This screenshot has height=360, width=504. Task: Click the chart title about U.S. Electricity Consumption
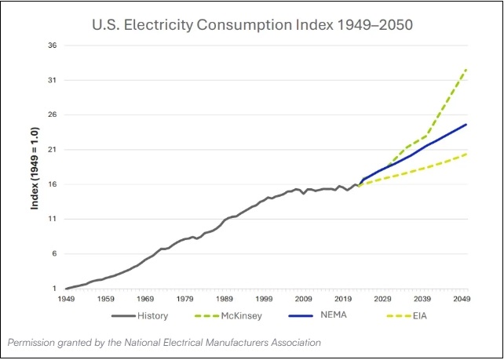(x=252, y=25)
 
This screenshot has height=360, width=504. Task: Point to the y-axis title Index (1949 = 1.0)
(x=35, y=168)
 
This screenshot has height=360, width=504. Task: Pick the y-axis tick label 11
(x=53, y=219)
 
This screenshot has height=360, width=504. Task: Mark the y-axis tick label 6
(x=55, y=254)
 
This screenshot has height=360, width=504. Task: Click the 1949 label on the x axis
(x=66, y=300)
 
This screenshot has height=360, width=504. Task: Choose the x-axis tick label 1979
(x=184, y=300)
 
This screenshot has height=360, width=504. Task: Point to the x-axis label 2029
(x=383, y=300)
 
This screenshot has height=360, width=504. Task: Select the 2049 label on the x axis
(x=462, y=300)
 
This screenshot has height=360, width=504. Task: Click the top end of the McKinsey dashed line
(x=466, y=69)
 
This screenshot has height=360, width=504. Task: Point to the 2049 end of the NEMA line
(x=466, y=125)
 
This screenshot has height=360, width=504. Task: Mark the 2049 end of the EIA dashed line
(x=466, y=154)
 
